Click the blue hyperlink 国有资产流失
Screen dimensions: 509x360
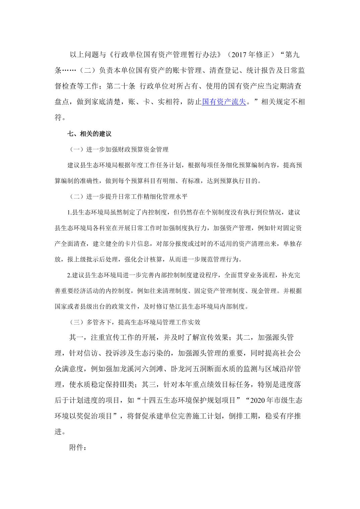[224, 102]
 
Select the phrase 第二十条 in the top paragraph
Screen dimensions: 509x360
[121, 86]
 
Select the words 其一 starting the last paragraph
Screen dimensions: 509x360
[77, 338]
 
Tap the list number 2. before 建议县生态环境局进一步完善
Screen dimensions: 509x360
[70, 275]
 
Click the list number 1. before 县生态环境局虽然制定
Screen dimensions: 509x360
[70, 213]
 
